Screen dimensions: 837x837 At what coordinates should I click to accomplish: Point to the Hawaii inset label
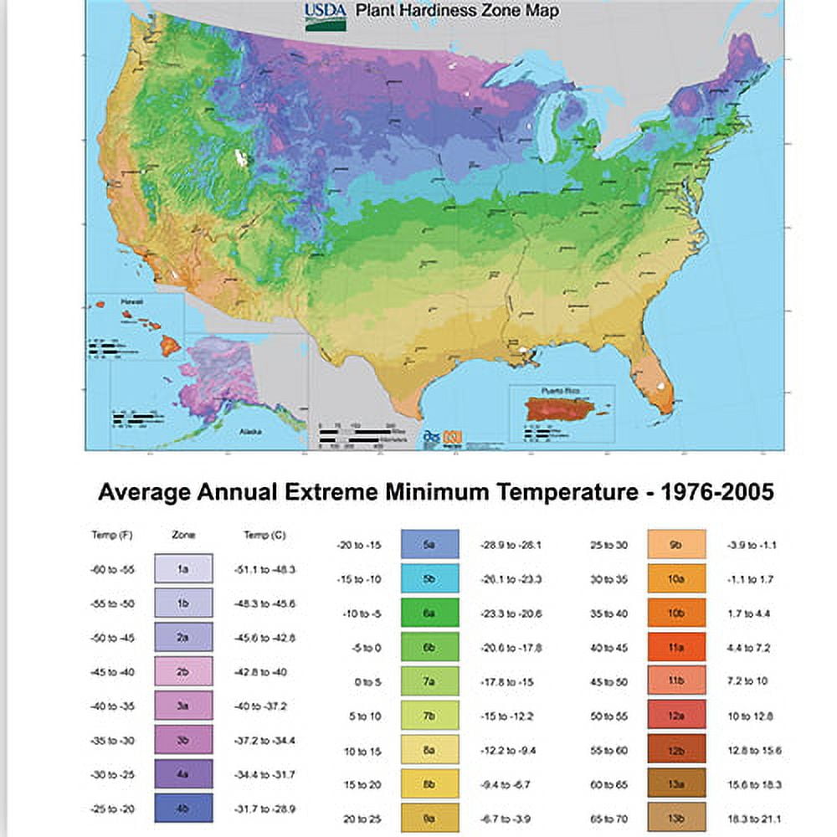pyautogui.click(x=131, y=301)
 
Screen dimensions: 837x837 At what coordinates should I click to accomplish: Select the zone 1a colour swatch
pyautogui.click(x=183, y=568)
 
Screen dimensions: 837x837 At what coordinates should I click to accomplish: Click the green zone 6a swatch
pyautogui.click(x=430, y=613)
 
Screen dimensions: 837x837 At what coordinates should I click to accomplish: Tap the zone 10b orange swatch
pyautogui.click(x=677, y=613)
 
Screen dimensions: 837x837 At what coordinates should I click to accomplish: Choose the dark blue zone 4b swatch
pyautogui.click(x=183, y=808)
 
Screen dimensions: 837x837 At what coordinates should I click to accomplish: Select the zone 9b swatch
pyautogui.click(x=677, y=544)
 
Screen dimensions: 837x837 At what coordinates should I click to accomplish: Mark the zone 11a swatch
pyautogui.click(x=677, y=647)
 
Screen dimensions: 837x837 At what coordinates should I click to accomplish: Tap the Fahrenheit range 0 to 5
pyautogui.click(x=367, y=682)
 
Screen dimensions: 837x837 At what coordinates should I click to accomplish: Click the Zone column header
pyautogui.click(x=183, y=534)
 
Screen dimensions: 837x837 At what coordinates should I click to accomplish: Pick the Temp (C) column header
pyautogui.click(x=262, y=534)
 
